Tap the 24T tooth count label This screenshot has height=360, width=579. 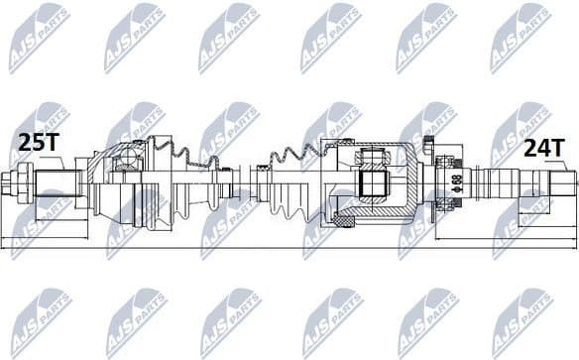point(542,148)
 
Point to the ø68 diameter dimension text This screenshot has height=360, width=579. point(456,183)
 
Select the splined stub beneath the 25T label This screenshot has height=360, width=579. point(59,183)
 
